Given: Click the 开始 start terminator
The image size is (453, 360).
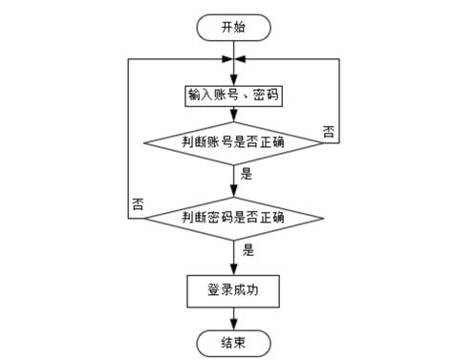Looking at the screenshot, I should [234, 28].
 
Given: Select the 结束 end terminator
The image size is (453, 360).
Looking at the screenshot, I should [234, 341].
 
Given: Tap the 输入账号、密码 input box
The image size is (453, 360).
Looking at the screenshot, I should [234, 97].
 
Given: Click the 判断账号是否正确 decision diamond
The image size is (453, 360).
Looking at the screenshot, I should [234, 142].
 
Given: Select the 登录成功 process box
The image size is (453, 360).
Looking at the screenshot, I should [234, 291].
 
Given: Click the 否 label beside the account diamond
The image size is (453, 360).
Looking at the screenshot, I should [330, 132].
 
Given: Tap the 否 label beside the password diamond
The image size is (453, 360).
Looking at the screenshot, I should [140, 203].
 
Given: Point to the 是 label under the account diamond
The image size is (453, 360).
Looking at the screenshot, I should [247, 174].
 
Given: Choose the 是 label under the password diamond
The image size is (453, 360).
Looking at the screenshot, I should [248, 250].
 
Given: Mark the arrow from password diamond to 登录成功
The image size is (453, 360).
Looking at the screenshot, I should [234, 258].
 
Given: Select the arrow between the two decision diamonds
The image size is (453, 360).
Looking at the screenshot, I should [234, 180].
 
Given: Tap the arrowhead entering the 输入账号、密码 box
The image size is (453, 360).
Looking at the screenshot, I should [234, 81].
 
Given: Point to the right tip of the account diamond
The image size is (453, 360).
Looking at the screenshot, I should [322, 142].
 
